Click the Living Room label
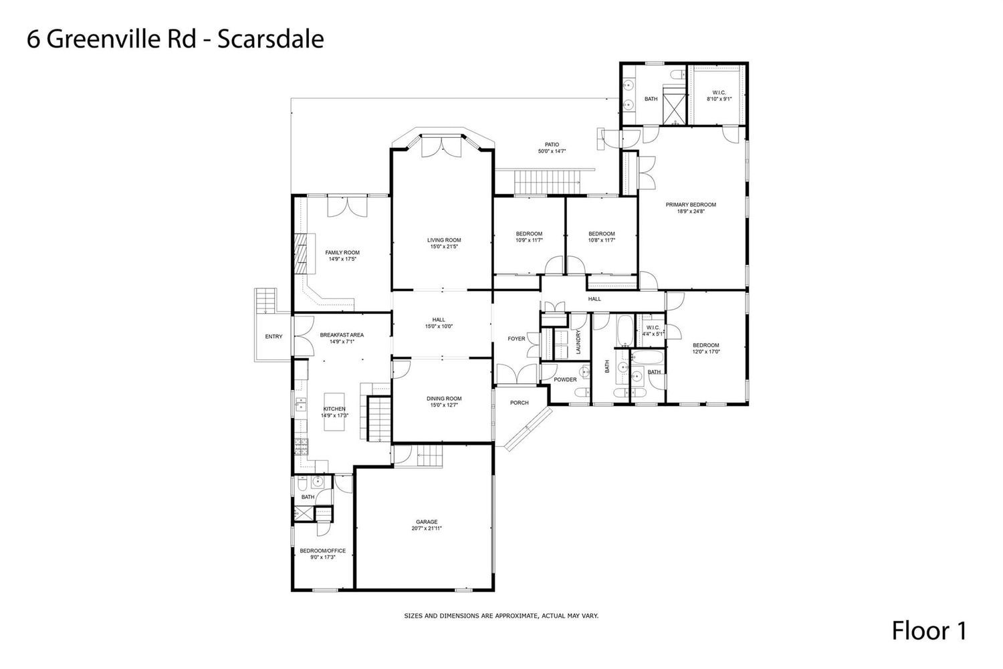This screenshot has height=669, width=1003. point(444,240)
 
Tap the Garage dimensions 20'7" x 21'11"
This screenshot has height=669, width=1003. point(427,529)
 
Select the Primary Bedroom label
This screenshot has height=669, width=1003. point(691,205)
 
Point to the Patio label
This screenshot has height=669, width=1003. point(552,145)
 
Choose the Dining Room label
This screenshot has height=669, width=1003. point(444,398)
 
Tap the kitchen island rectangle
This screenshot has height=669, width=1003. point(334,412)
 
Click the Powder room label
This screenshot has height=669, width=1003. point(565,379)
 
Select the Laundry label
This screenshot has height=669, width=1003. point(578,343)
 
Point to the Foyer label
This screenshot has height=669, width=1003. point(516,339)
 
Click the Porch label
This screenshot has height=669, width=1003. point(520,403)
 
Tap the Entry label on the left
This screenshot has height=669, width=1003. point(273,337)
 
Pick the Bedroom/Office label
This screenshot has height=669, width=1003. point(323,551)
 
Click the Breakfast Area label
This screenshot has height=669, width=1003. point(342,334)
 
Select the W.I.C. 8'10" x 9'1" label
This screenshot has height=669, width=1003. point(719,96)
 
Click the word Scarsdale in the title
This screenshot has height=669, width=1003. point(271,39)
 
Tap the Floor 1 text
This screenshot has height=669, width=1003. point(929,631)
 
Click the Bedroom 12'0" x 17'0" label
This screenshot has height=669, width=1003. point(706,348)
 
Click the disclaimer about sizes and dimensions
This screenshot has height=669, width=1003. point(501,616)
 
